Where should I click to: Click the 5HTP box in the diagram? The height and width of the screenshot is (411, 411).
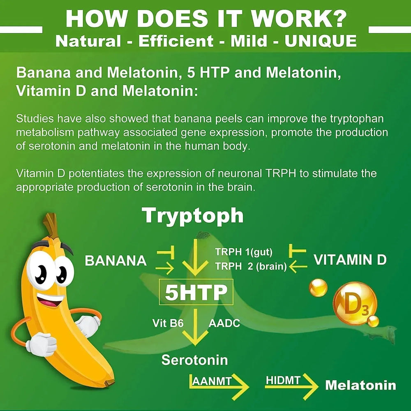(x=196, y=292)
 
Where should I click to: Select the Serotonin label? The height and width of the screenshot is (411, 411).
(x=194, y=360)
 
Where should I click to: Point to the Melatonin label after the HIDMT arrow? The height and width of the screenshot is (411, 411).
(x=360, y=386)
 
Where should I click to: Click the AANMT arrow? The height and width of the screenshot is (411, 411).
(x=219, y=387)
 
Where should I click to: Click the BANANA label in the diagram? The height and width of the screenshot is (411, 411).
(x=115, y=261)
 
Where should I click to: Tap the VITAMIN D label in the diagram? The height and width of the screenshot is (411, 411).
(x=350, y=260)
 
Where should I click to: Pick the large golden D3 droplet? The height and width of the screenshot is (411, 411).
(x=355, y=304)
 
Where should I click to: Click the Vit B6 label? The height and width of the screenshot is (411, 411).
(x=168, y=323)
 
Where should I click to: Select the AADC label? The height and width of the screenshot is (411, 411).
(x=224, y=323)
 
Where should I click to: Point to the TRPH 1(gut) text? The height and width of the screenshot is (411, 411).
(x=244, y=252)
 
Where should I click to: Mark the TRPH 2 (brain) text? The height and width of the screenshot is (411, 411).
(x=251, y=266)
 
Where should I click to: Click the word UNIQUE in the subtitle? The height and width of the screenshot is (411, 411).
(x=321, y=41)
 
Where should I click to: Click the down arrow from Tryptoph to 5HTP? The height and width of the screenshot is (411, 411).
(x=195, y=257)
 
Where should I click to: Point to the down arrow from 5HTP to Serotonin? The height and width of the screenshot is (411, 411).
(x=195, y=328)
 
